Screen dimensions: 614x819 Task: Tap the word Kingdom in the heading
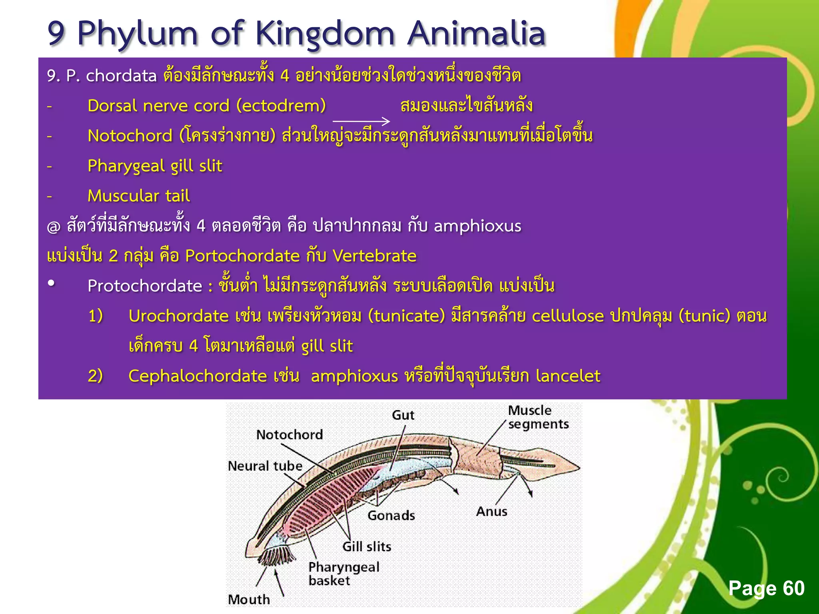pyautogui.click(x=325, y=34)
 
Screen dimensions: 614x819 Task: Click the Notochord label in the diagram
pyautogui.click(x=290, y=435)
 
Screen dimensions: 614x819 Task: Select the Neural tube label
pyautogui.click(x=265, y=466)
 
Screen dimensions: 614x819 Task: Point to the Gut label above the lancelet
pyautogui.click(x=403, y=415)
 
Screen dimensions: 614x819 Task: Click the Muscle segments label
pyautogui.click(x=538, y=417)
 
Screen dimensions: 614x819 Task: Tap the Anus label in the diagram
pyautogui.click(x=491, y=511)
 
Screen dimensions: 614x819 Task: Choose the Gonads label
pyautogui.click(x=391, y=516)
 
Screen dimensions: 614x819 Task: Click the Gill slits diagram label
pyautogui.click(x=367, y=546)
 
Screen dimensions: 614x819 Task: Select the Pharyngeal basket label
pyautogui.click(x=344, y=574)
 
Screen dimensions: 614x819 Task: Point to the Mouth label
pyautogui.click(x=249, y=599)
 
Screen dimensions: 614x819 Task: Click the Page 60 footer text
pyautogui.click(x=766, y=588)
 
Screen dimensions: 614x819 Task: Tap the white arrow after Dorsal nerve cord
pyautogui.click(x=361, y=121)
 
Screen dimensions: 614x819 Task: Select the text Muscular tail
pyautogui.click(x=139, y=196)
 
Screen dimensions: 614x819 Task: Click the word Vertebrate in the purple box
pyautogui.click(x=374, y=256)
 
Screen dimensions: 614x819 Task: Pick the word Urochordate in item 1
pyautogui.click(x=178, y=316)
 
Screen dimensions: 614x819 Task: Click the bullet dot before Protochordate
pyautogui.click(x=51, y=283)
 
